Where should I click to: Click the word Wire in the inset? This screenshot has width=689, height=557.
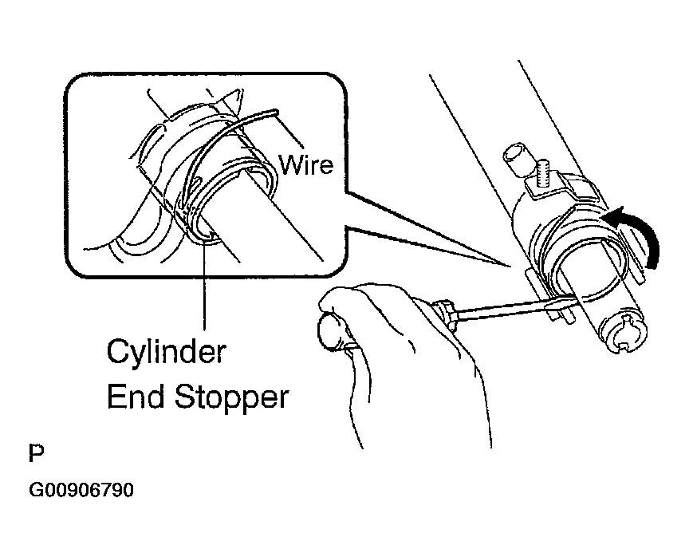coord(306,165)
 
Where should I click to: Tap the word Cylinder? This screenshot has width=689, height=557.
coord(166,353)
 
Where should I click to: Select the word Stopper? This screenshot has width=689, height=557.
coord(231,398)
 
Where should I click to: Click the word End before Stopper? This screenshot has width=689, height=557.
coord(136,396)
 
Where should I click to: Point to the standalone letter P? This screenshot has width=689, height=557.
coord(37,453)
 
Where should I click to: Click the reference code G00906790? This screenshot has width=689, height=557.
coord(81,490)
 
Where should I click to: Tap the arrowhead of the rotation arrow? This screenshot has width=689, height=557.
coord(614,215)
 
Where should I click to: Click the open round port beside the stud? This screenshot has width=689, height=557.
coord(517,159)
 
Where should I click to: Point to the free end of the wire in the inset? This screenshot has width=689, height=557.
coord(275,111)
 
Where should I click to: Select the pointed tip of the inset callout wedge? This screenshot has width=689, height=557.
coord(511,266)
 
